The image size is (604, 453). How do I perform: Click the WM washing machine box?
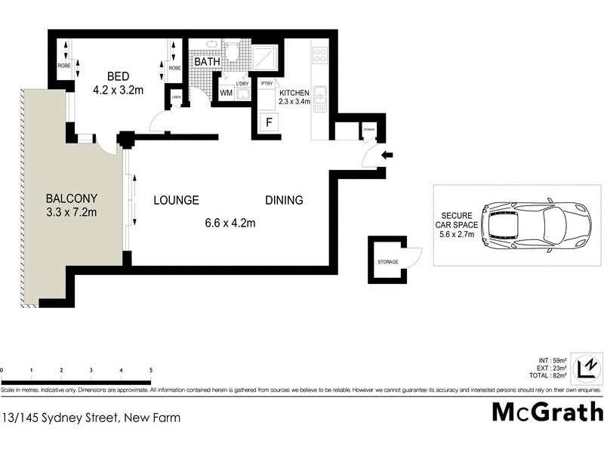tap(226, 93)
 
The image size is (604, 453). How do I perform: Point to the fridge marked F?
tap(267, 122)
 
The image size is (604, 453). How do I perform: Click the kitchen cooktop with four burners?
tap(319, 55)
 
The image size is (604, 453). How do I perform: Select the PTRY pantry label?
tap(266, 84)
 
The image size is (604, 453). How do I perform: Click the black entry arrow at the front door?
tap(388, 156)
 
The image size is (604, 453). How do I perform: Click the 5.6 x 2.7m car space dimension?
tap(456, 234)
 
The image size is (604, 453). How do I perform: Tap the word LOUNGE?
tap(176, 200)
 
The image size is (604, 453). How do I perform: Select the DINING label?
tap(284, 200)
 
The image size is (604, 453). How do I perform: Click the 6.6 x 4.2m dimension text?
tap(230, 223)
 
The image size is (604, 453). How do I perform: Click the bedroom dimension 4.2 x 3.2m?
tap(118, 90)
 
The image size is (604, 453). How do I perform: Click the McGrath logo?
tap(547, 411)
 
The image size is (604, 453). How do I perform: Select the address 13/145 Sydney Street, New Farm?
tap(91, 417)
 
